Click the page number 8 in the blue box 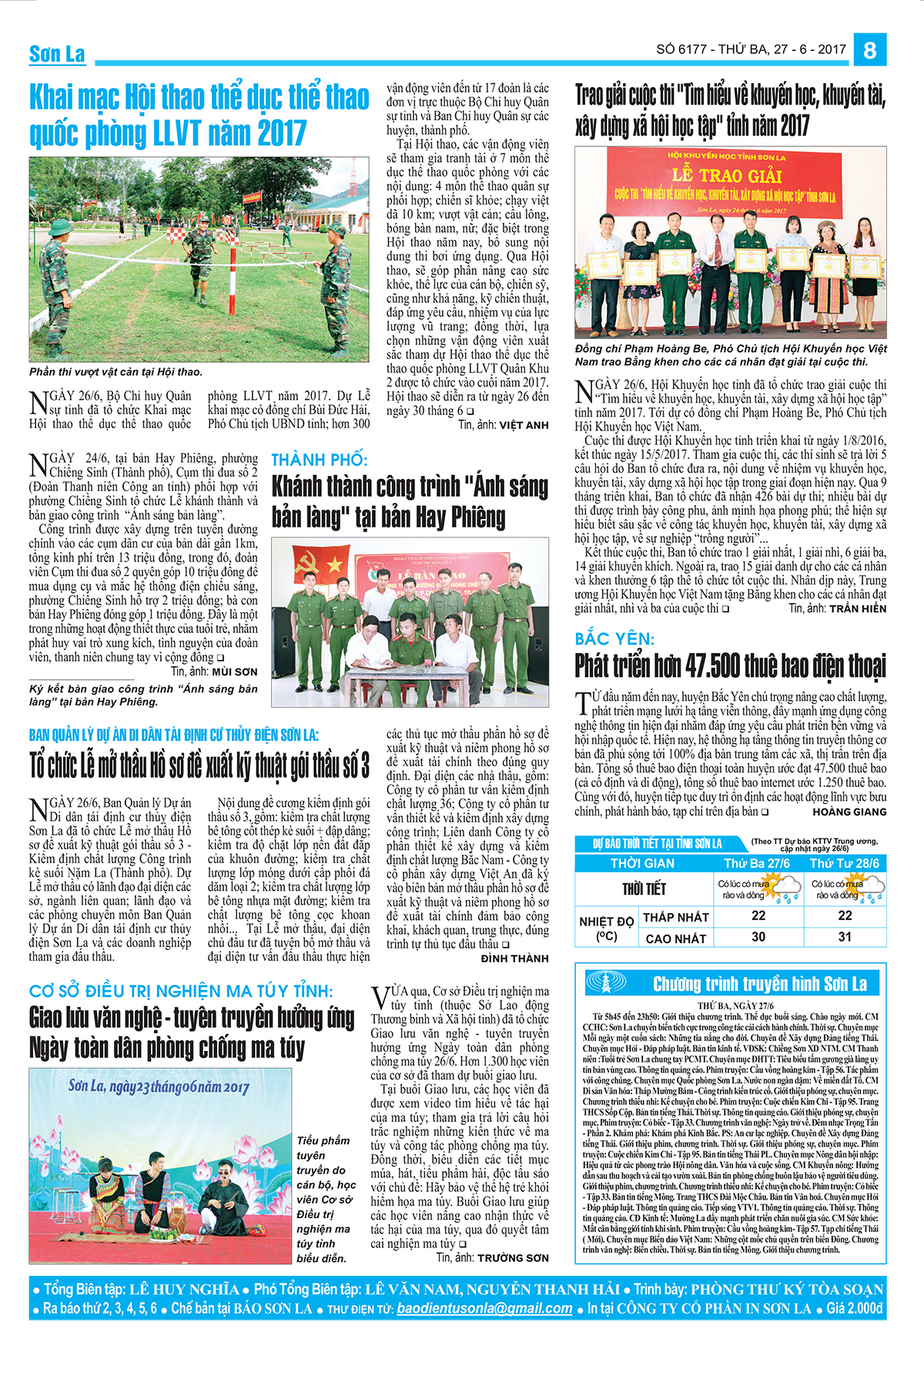click(x=870, y=50)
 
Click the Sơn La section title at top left click(x=57, y=54)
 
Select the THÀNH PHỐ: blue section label click(x=320, y=460)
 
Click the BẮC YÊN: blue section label click(x=614, y=638)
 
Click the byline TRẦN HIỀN click(x=857, y=609)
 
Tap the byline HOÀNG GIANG click(x=849, y=812)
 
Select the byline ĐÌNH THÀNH click(x=514, y=959)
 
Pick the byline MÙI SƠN click(x=234, y=671)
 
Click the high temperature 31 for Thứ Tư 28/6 click(x=845, y=937)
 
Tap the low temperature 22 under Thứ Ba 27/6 click(x=758, y=916)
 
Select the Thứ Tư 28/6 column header click(x=844, y=863)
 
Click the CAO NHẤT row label click(x=675, y=939)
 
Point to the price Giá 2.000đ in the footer click(x=854, y=1308)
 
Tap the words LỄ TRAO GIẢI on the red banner click(x=728, y=176)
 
